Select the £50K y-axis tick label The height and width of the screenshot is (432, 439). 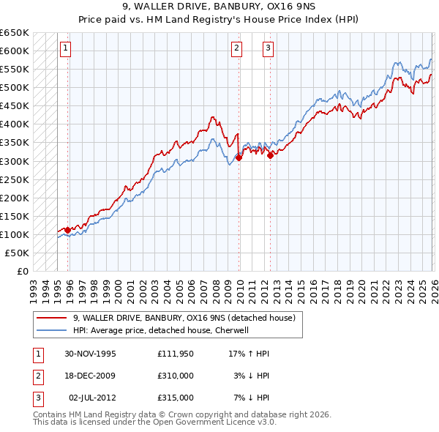(17, 253)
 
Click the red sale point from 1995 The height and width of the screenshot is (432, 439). (67, 230)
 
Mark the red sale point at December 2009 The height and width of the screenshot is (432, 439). (239, 157)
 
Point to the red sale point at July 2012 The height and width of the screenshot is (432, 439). (270, 154)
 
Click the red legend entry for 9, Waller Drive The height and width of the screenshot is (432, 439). (184, 318)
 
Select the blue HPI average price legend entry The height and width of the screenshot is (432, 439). (161, 330)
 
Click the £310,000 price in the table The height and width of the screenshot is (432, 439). (175, 376)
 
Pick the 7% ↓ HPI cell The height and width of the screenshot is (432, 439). (252, 398)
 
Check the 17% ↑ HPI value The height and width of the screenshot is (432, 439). (249, 354)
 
